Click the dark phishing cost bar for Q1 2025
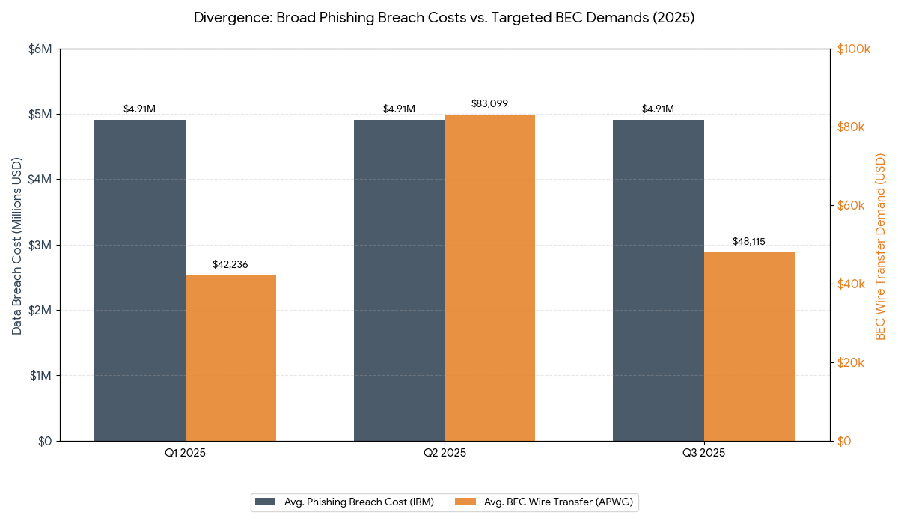pyautogui.click(x=140, y=280)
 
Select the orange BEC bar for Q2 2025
pyautogui.click(x=489, y=278)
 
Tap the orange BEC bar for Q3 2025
pyautogui.click(x=749, y=347)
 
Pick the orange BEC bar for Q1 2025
pyautogui.click(x=230, y=358)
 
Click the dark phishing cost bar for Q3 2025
pyautogui.click(x=659, y=280)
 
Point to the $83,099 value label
pyautogui.click(x=489, y=103)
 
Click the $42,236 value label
pyautogui.click(x=230, y=264)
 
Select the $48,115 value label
pyautogui.click(x=749, y=242)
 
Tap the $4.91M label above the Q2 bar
pyautogui.click(x=399, y=109)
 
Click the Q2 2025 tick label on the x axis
pyautogui.click(x=445, y=454)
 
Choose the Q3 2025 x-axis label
pyautogui.click(x=703, y=454)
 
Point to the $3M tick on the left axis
pyautogui.click(x=40, y=245)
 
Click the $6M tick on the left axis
pyautogui.click(x=40, y=49)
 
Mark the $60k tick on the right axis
pyautogui.click(x=850, y=206)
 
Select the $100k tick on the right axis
pyautogui.click(x=853, y=49)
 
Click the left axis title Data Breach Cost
pyautogui.click(x=16, y=246)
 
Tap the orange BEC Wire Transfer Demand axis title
pyautogui.click(x=880, y=246)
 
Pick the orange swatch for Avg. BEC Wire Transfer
pyautogui.click(x=465, y=502)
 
